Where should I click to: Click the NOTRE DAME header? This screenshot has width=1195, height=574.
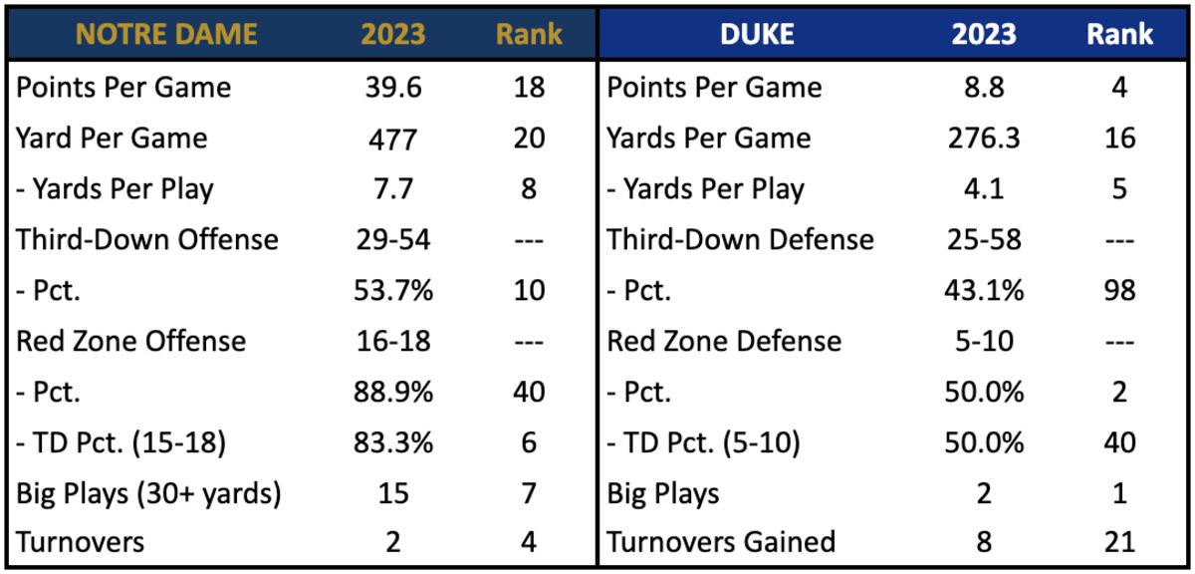pos(166,34)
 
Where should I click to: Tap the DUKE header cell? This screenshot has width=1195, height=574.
pos(756,34)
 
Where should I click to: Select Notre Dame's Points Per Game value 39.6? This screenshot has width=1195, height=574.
pos(392,87)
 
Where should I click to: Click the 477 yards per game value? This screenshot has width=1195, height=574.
pos(392,138)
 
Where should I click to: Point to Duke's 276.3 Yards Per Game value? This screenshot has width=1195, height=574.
pos(984,138)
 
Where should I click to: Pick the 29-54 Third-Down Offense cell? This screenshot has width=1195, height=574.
pos(392,239)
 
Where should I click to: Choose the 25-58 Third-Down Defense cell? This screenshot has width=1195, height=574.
pos(984,239)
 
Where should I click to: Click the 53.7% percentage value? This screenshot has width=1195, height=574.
pos(392,290)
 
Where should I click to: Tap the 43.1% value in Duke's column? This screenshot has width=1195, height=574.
pos(984,290)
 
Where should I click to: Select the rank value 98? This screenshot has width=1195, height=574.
pos(1119,290)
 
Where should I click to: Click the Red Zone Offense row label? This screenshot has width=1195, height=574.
pos(130,341)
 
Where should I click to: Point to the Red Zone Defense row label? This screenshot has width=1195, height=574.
pos(724,341)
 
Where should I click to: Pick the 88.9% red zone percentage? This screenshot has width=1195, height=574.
pos(392,392)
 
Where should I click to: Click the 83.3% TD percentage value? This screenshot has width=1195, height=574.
pos(392,442)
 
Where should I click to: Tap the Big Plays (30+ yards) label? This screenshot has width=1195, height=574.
pos(148,492)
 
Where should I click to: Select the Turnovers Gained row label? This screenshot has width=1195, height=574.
pos(721,542)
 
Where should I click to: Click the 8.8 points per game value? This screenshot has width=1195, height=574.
pos(984,87)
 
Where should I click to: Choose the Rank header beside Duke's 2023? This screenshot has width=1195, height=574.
pos(1119,34)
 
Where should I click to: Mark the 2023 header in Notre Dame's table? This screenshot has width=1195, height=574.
pos(392,34)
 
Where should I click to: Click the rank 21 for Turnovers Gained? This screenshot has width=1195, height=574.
pos(1119,542)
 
